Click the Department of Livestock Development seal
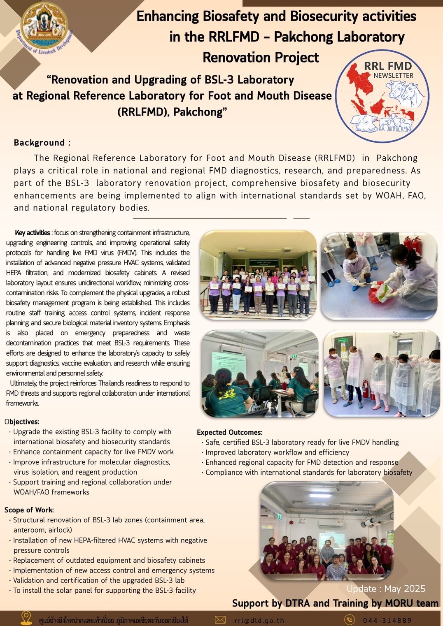[x=44, y=28]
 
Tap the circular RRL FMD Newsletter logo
[x=382, y=96]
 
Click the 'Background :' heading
[x=42, y=143]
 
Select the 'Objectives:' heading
[x=22, y=422]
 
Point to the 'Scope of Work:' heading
[x=29, y=510]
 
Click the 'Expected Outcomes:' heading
[x=229, y=432]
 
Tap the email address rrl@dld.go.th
[x=259, y=620]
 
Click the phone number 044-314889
[x=387, y=620]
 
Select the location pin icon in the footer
[x=26, y=618]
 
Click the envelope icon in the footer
[x=220, y=620]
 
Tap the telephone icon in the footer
[x=349, y=620]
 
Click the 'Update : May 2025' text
[x=386, y=589]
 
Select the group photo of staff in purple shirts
[x=258, y=274]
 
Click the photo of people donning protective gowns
[x=381, y=373]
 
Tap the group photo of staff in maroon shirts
[x=326, y=531]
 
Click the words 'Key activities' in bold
[x=32, y=233]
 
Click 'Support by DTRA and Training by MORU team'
[x=335, y=603]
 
